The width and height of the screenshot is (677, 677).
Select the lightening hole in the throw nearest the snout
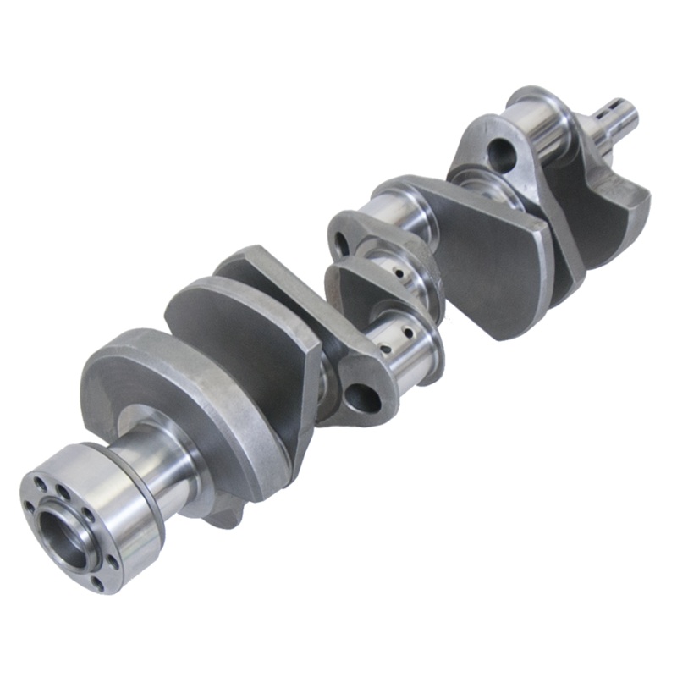tap(501, 154)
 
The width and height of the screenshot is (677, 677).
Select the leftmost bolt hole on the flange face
tap(30, 507)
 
